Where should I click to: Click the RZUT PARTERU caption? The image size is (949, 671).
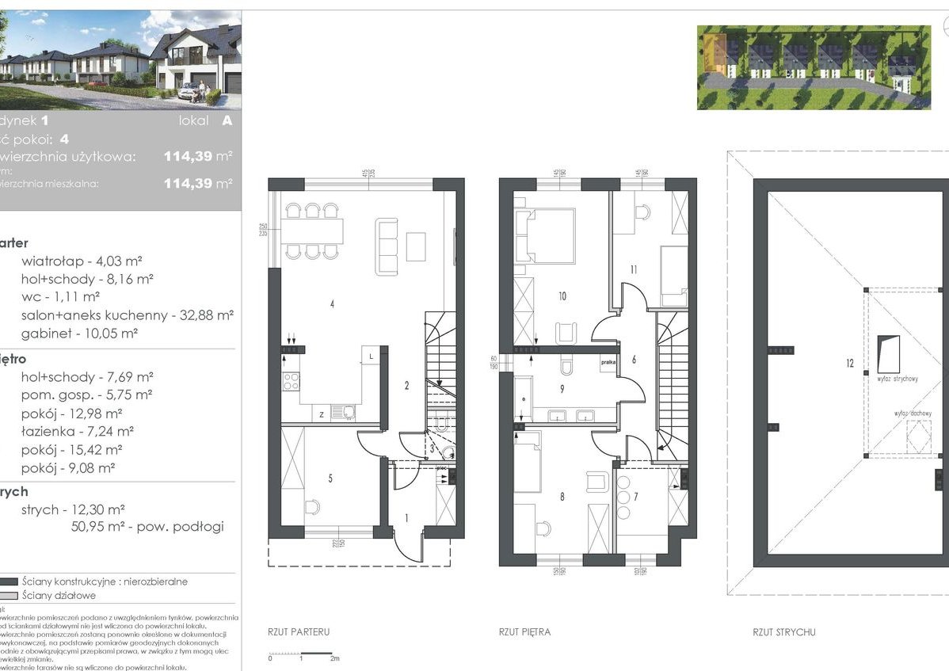[299, 632]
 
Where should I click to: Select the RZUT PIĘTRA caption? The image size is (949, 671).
[524, 632]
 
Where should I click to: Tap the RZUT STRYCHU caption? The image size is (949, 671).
[784, 632]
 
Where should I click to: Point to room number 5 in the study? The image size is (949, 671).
[330, 478]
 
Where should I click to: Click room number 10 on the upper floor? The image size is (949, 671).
[562, 296]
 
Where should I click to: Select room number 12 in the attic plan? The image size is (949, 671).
[849, 364]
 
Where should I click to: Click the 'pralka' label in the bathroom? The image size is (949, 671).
[608, 361]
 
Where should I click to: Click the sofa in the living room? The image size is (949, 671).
[387, 246]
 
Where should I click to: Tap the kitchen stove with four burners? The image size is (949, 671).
[291, 382]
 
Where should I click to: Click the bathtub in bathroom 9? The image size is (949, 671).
[522, 397]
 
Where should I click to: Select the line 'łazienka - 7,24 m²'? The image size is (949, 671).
[77, 431]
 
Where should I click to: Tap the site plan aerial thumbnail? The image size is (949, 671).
[814, 67]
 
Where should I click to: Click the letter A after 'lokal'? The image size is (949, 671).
[227, 120]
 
